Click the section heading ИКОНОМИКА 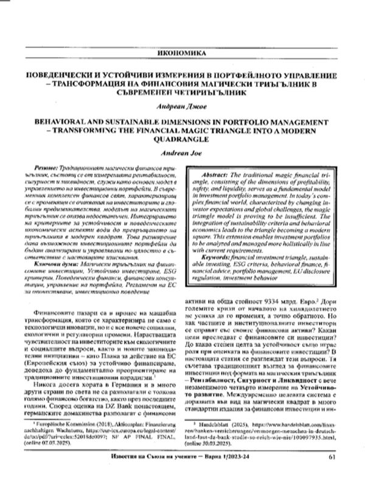tap(182, 52)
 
